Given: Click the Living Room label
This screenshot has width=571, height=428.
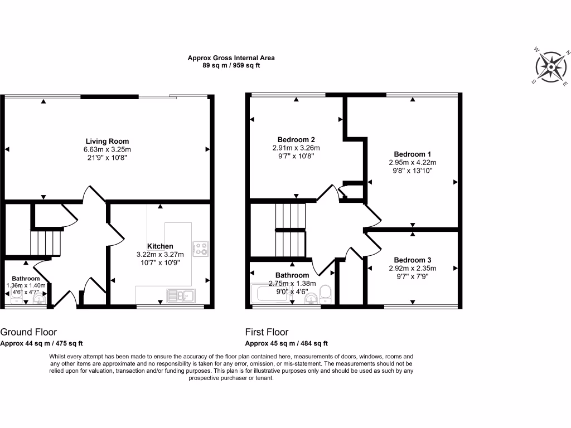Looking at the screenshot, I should tap(107, 142).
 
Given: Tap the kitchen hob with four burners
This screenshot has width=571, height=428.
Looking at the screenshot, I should tap(200, 248).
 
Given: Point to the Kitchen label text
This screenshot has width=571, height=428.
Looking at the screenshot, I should tap(160, 246).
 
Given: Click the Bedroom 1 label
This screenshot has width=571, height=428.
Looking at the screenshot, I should tap(412, 154).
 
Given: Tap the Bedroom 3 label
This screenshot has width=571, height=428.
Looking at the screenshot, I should tap(412, 260).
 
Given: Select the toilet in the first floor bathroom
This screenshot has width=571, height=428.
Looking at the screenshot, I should tap(327, 294).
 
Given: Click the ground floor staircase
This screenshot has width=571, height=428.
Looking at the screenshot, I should tap(45, 243).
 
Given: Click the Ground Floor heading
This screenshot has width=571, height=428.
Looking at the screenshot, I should tap(28, 332).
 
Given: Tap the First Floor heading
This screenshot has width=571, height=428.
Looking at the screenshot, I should tap(267, 332).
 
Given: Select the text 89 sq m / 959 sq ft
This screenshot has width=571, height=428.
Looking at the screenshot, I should tap(231, 65).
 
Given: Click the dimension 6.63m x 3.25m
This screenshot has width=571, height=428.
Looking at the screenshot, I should tap(107, 150).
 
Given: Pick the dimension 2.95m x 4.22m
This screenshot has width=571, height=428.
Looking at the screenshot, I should tap(412, 163).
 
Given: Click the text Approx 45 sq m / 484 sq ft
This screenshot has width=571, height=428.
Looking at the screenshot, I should tap(287, 343).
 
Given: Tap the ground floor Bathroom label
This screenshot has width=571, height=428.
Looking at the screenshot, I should tap(26, 279).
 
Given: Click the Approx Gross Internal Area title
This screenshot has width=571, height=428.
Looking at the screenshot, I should tap(231, 57).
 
